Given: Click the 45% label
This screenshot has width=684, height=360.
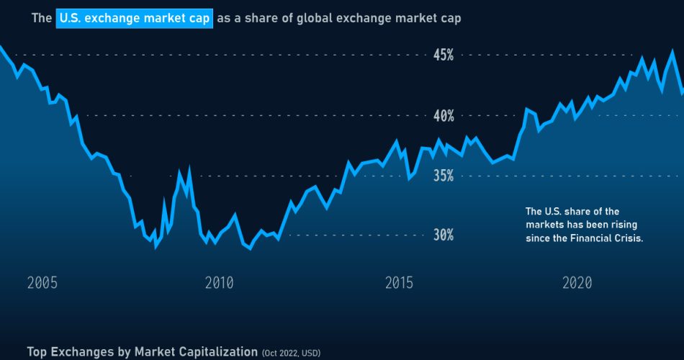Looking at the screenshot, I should pos(442,55).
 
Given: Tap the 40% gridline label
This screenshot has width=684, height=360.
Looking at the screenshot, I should pos(442,115).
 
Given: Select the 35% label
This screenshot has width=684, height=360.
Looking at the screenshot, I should pos(442,176).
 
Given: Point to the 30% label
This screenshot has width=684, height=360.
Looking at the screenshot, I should pos(442,235).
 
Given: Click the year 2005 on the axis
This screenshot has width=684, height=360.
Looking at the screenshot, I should pos(42,283).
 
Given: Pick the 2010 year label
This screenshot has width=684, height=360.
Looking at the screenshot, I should pos(219,283).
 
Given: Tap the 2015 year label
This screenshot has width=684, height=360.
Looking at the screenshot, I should pos(398,283).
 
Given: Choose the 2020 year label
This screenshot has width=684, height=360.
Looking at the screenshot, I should pos(577,283).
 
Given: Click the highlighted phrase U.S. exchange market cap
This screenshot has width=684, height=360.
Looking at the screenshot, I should pos(135,18).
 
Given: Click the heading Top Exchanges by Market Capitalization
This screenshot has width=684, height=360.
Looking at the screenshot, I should pos(142,351).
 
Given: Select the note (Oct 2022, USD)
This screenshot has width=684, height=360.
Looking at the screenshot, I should pos(292,353).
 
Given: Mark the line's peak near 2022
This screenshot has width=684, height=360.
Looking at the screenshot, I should pos(672,51).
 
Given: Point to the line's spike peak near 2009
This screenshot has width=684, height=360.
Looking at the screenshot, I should pos(189,169).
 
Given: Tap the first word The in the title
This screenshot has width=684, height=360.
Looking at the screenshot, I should pos(41,18).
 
